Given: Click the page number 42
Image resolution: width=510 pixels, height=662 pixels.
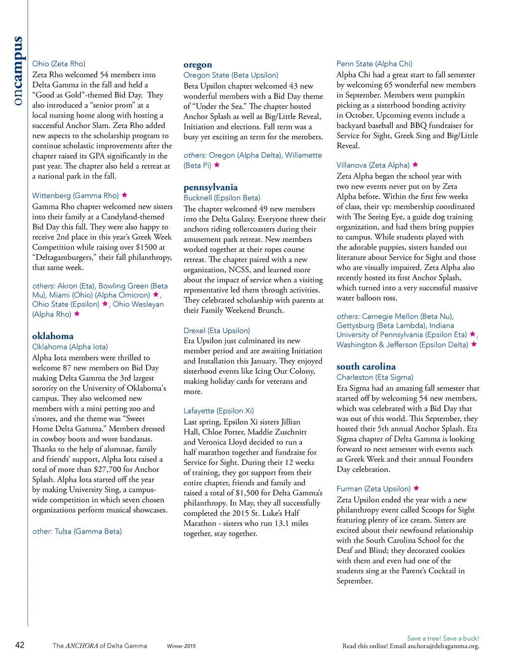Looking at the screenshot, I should [20, 645].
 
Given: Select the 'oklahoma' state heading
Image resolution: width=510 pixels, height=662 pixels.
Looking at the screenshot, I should [53, 336].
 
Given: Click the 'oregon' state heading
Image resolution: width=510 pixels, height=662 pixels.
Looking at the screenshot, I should [198, 65].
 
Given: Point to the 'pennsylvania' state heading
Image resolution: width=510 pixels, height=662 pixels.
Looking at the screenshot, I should [211, 187].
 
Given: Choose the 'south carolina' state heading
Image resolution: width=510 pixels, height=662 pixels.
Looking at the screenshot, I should [366, 366].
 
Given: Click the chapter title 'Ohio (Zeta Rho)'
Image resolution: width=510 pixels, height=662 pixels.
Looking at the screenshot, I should [59, 64].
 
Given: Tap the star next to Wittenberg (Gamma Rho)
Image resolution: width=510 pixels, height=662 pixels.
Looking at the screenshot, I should [125, 195].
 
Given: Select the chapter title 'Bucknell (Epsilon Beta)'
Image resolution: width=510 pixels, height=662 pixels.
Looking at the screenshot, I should [222, 198].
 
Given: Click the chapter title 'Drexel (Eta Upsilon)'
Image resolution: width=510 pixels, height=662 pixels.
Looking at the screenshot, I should [217, 331].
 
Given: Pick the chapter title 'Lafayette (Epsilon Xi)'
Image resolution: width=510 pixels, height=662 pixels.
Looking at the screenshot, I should [219, 411].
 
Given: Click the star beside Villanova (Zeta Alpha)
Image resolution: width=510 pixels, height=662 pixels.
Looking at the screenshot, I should [415, 165].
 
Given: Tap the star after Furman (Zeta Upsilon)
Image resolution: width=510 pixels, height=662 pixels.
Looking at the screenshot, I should [416, 488].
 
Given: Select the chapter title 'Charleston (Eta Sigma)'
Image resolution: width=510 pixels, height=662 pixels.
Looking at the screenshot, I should [375, 377].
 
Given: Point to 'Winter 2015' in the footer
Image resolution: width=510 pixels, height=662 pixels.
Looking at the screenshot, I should [181, 646].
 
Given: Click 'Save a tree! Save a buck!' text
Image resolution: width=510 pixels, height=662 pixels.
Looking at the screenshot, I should [443, 638].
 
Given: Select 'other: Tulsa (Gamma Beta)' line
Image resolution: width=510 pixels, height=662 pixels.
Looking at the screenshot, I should [77, 531].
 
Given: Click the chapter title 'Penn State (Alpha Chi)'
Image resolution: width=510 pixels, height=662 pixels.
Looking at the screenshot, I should [375, 64].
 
